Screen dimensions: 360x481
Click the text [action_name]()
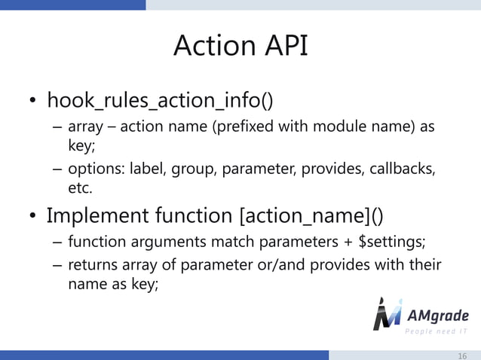[311, 217]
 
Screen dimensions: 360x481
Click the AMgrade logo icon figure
[388, 313]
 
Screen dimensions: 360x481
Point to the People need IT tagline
[437, 332]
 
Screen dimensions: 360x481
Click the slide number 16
[462, 355]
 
